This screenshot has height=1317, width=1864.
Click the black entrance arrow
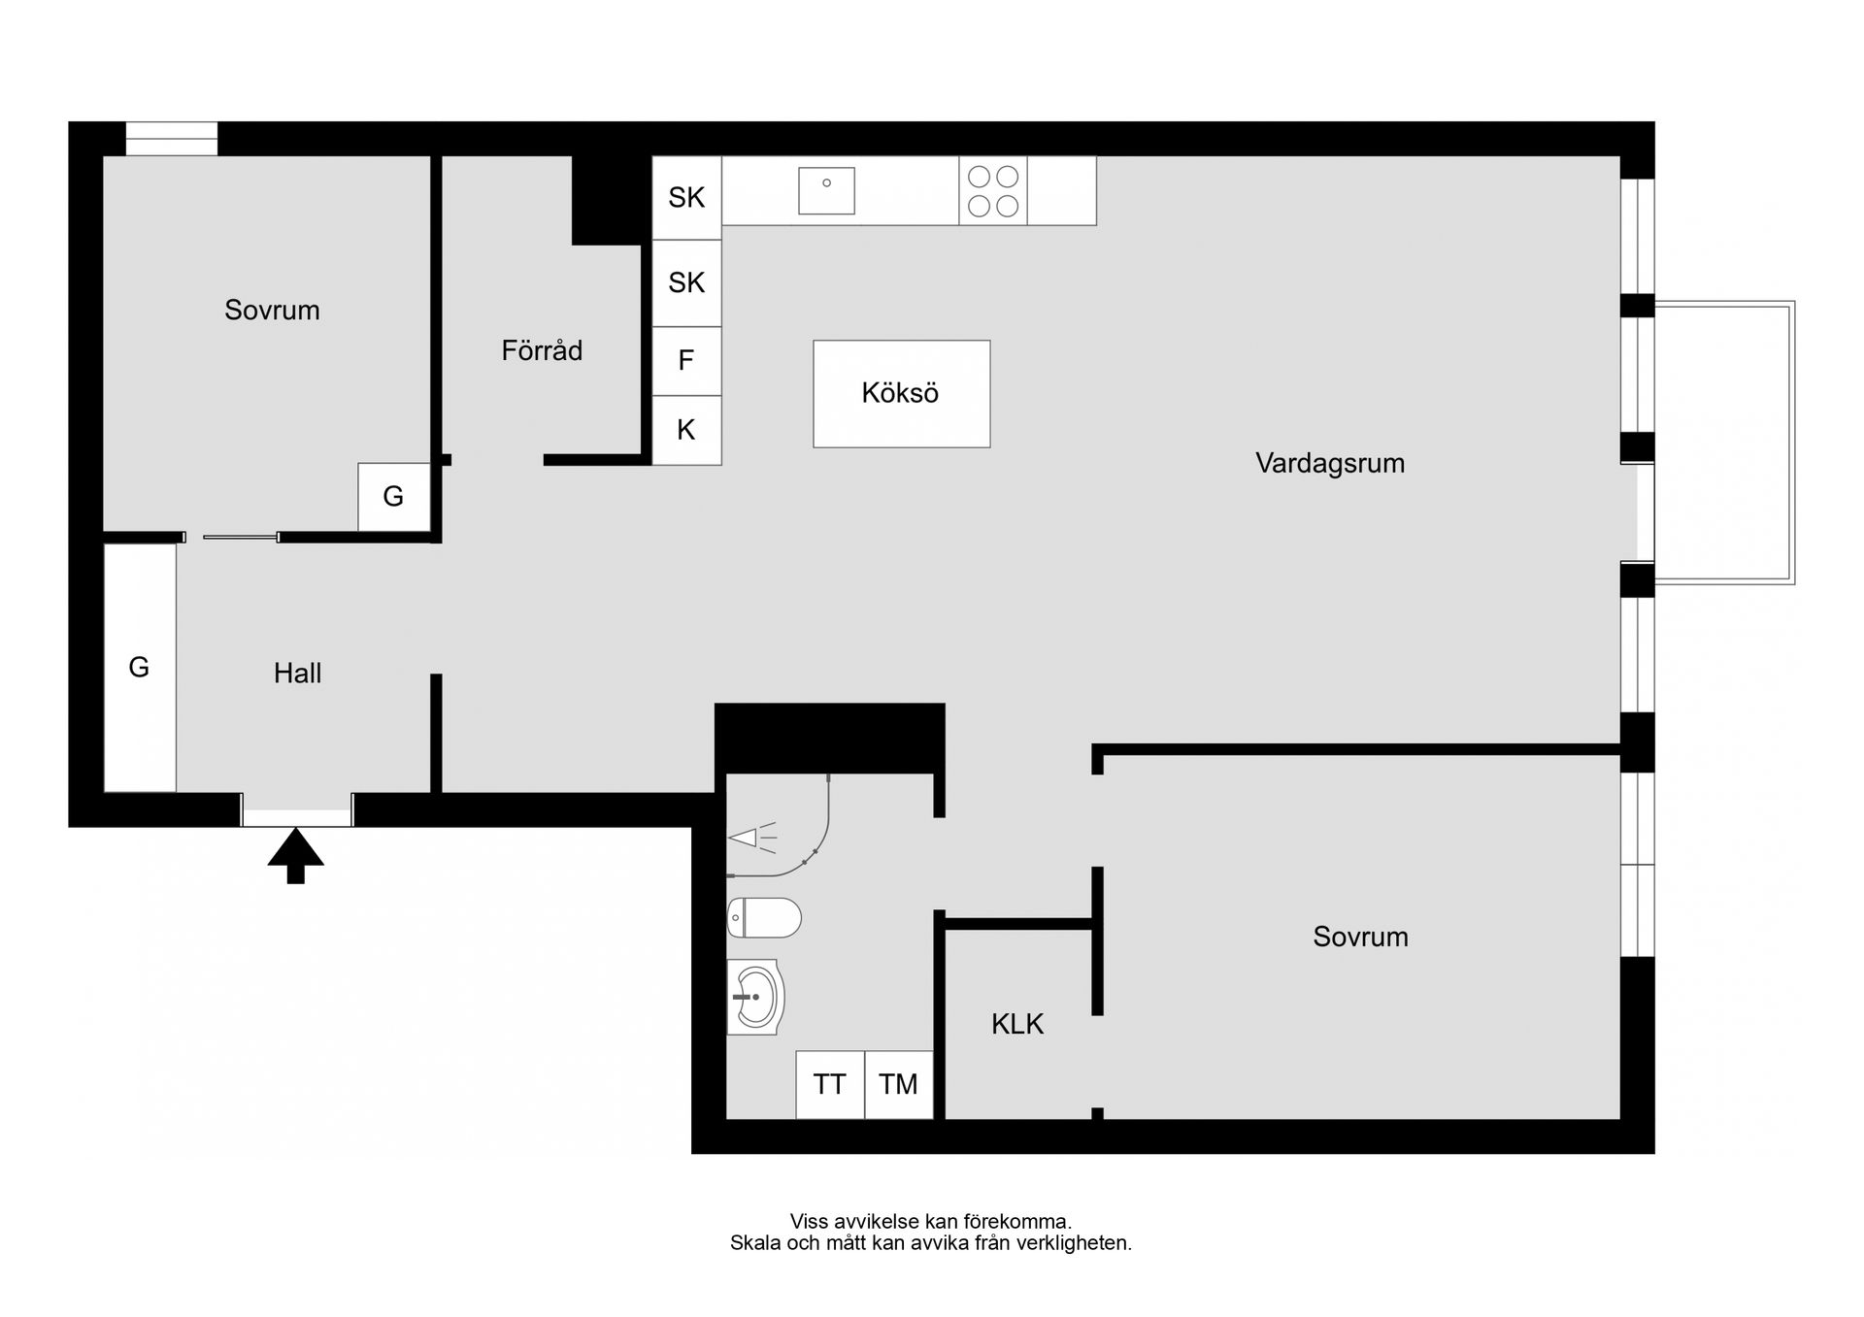pyautogui.click(x=295, y=856)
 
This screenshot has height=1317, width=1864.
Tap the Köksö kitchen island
pyautogui.click(x=902, y=394)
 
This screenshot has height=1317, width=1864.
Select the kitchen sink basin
pyautogui.click(x=826, y=190)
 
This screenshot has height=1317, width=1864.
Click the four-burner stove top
pyautogui.click(x=993, y=191)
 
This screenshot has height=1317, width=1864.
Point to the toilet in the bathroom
pyautogui.click(x=764, y=917)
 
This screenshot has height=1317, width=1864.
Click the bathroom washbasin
pyautogui.click(x=755, y=997)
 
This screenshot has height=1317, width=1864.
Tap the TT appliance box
pyautogui.click(x=830, y=1084)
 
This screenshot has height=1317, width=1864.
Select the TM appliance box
pyautogui.click(x=899, y=1084)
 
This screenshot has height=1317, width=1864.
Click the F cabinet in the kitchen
pyautogui.click(x=686, y=361)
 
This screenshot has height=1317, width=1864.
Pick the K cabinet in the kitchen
pyautogui.click(x=686, y=430)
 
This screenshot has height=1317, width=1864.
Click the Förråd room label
pyautogui.click(x=542, y=350)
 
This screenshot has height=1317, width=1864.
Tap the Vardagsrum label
pyautogui.click(x=1330, y=464)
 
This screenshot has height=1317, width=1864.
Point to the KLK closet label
pyautogui.click(x=1017, y=1024)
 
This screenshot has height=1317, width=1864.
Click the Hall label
pyautogui.click(x=297, y=674)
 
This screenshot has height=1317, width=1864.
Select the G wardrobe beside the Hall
pyautogui.click(x=140, y=668)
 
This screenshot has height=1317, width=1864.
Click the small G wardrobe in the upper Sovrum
pyautogui.click(x=394, y=497)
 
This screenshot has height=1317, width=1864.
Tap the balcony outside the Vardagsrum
pyautogui.click(x=1724, y=443)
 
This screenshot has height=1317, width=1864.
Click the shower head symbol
pyautogui.click(x=751, y=838)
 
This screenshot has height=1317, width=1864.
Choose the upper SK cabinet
pyautogui.click(x=686, y=198)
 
